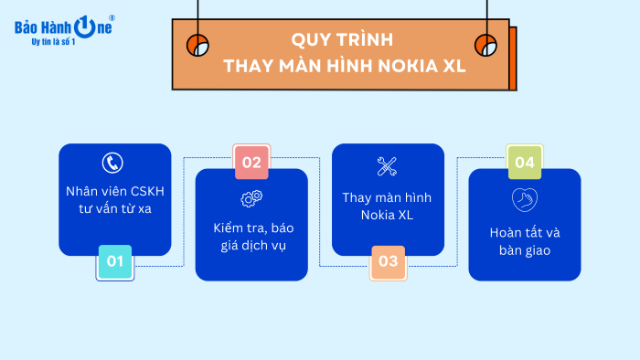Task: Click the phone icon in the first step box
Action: click(113, 164)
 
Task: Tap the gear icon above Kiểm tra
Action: click(251, 198)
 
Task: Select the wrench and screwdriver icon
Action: click(387, 166)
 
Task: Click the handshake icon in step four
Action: click(524, 199)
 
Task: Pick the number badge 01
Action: click(115, 262)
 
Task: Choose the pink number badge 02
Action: click(251, 164)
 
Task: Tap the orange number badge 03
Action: click(388, 262)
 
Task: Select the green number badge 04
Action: click(525, 164)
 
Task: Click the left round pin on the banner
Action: click(197, 45)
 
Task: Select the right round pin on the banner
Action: click(485, 45)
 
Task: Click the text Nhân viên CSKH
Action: click(114, 191)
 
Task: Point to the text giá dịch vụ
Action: click(251, 246)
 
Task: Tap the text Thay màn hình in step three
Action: click(387, 197)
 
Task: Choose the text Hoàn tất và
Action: click(524, 231)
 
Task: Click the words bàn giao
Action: click(524, 249)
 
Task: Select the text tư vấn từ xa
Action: click(114, 209)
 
